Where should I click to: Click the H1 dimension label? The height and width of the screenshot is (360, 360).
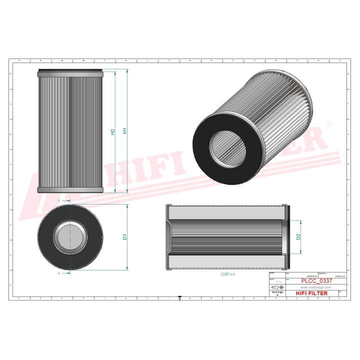[125, 131]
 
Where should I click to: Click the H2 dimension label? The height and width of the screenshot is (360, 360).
[112, 131]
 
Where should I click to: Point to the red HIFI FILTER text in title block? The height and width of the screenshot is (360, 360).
[311, 293]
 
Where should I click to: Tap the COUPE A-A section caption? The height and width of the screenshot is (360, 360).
[228, 274]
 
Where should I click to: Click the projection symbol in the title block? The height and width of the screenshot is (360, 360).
[276, 287]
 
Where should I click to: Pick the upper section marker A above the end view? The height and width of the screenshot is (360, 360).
[59, 200]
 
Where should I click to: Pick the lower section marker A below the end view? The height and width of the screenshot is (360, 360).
[59, 274]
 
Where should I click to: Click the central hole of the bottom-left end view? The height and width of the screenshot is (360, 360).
[70, 237]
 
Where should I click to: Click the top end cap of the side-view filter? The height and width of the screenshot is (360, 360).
[70, 72]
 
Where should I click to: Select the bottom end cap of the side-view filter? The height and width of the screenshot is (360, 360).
[70, 190]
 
